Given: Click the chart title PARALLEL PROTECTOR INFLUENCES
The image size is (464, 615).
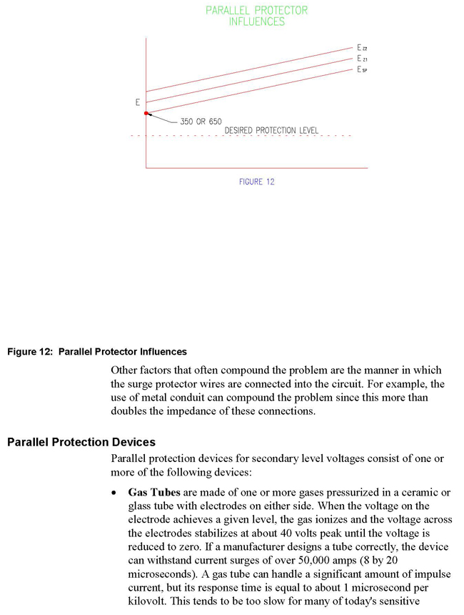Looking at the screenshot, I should coord(256,16).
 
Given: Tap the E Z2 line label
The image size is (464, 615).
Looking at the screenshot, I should coord(362,47).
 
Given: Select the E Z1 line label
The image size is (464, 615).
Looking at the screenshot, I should coord(362,59).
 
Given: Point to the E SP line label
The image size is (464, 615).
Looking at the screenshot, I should coord(362,70).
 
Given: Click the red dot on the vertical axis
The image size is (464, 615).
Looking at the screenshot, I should coord(146,113).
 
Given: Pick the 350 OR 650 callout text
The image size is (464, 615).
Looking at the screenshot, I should coord(203,122).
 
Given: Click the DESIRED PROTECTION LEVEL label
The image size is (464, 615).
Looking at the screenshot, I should coord(271,131).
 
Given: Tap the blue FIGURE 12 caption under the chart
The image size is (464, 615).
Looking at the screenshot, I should coord(256,182).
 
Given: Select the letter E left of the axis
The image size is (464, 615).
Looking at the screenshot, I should coord(137,103).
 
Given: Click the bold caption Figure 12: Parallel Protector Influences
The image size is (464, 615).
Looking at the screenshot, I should coord(97,352).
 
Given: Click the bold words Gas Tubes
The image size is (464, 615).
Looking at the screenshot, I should coord(151,493).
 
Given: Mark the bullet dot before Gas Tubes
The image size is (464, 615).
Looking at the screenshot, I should coord(115,493).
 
